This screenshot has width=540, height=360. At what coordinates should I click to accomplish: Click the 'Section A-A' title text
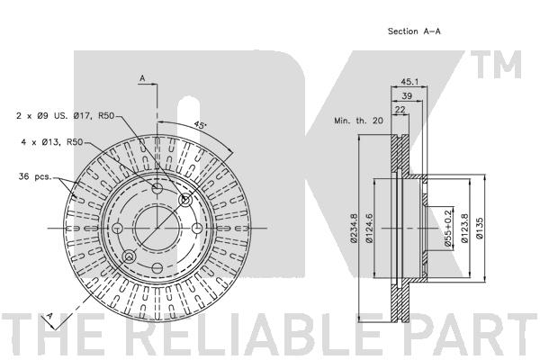coord(414,31)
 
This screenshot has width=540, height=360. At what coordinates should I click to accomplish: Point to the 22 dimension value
coord(400,109)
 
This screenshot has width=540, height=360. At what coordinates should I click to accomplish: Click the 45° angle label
coord(200,124)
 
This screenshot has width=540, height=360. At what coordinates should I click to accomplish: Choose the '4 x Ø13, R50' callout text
coord(52,142)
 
